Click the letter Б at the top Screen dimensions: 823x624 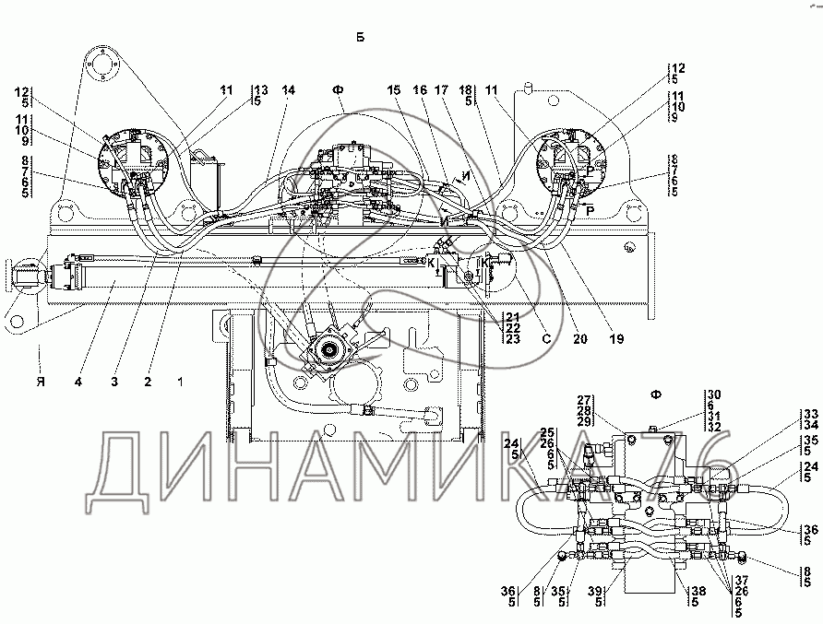pos(360,37)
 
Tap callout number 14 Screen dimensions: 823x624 pos(289,90)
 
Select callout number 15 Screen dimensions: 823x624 pos(394,90)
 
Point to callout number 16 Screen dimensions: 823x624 pos(420,90)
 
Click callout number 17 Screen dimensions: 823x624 pos(441,90)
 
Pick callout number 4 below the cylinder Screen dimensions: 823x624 pos(78,382)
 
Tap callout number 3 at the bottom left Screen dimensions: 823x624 pos(114,382)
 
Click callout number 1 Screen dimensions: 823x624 pos(181,382)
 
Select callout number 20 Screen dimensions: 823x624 pos(580,339)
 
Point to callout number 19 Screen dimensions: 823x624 pos(616,339)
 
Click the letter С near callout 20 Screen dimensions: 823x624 pos(546,339)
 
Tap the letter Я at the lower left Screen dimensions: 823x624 pos(41,382)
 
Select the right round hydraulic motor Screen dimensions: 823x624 pos(570,161)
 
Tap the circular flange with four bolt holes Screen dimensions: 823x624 pos(103,64)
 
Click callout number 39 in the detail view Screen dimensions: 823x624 pos(595,596)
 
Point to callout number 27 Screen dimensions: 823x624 pos(584,401)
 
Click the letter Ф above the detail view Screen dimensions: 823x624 pos(656,394)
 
